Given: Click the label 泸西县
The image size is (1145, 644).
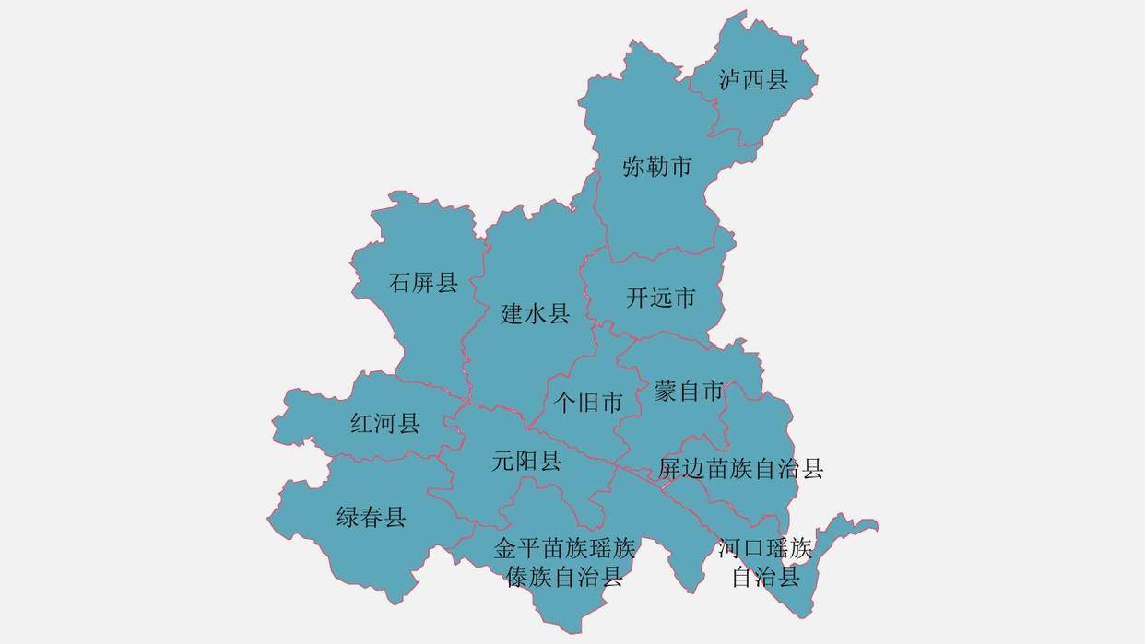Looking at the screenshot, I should click(x=753, y=80).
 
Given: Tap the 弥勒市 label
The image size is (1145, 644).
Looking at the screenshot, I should click(x=656, y=168).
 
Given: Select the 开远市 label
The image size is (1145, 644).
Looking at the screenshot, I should click(x=660, y=299).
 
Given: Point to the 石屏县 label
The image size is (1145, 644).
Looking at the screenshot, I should click(x=423, y=282).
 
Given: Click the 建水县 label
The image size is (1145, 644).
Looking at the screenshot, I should click(x=535, y=314).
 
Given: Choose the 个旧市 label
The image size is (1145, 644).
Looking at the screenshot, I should click(x=587, y=403).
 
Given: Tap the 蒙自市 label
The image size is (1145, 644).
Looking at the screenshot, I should click(x=689, y=392).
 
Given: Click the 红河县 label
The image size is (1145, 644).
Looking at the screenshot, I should click(x=385, y=424).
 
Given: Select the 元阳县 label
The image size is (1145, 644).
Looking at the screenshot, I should click(x=526, y=461).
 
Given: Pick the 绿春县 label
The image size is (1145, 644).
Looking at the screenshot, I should click(x=371, y=518).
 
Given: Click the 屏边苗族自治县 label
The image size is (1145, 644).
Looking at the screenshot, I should click(x=740, y=469).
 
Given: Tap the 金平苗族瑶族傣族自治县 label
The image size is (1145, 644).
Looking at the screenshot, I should click(x=564, y=563).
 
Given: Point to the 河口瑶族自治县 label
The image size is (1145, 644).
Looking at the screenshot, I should click(x=765, y=563).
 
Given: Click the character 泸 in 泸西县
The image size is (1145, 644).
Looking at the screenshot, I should click(x=730, y=80).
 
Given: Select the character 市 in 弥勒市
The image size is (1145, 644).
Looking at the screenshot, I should click(x=680, y=168).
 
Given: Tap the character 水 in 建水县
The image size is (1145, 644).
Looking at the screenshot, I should click(x=535, y=314).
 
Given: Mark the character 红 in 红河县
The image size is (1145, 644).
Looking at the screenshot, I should click(x=362, y=424).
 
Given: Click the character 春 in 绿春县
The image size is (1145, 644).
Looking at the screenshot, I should click(x=371, y=518).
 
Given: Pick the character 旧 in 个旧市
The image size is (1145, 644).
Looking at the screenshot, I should click(x=587, y=403).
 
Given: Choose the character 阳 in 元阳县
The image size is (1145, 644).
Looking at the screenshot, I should click(x=526, y=461).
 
